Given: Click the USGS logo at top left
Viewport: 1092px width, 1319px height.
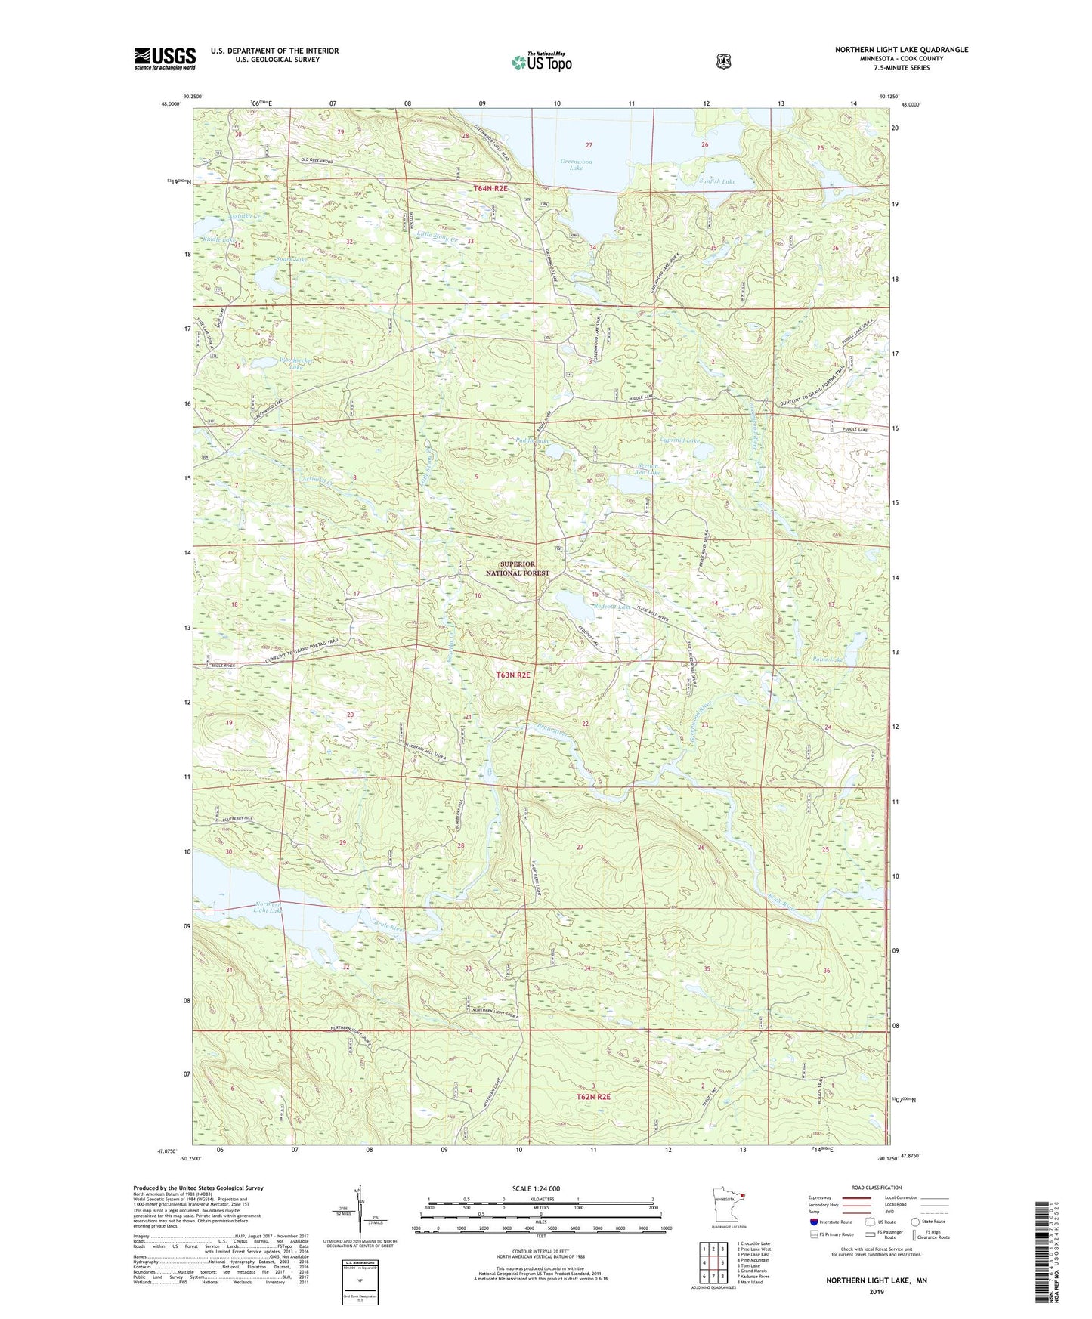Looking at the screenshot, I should click(165, 58).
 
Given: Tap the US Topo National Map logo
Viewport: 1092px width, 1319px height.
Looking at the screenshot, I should click(541, 61).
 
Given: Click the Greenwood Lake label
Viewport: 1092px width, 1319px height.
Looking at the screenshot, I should click(576, 165).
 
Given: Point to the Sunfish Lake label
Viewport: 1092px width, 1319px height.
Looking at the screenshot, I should click(716, 181).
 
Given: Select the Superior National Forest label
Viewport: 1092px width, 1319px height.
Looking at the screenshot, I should click(517, 568).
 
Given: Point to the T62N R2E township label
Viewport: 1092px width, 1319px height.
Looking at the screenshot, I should click(593, 1095).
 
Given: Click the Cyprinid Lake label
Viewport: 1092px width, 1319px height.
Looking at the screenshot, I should click(680, 440).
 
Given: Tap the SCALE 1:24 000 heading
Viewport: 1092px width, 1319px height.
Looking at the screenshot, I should click(536, 1188).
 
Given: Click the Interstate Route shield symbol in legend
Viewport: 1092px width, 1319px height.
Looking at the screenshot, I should click(813, 1221).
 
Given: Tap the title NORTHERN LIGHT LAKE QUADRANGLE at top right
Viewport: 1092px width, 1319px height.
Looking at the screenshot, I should click(901, 50).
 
